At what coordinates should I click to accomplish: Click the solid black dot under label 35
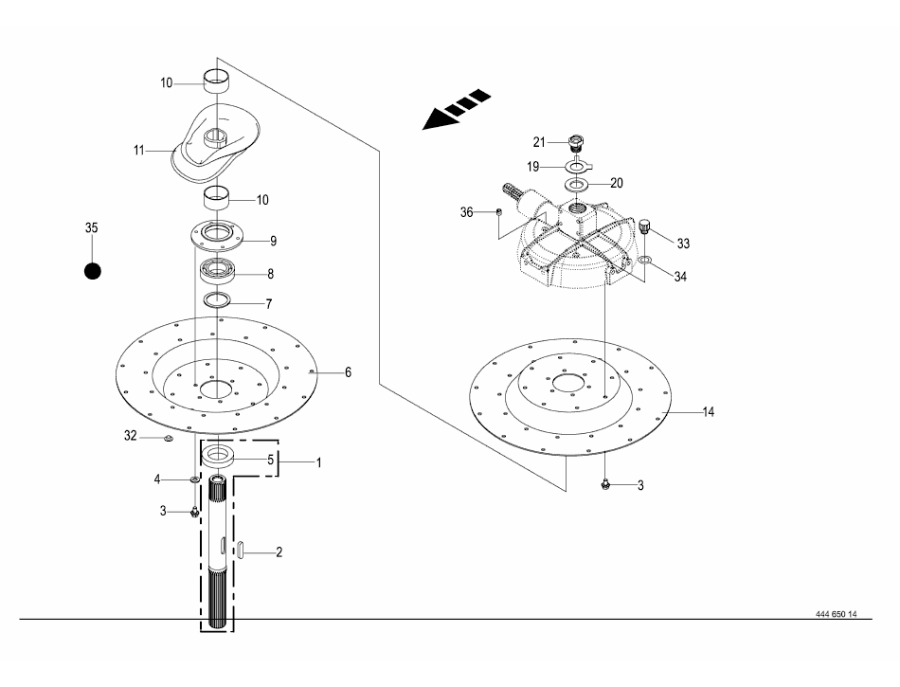pos(93,271)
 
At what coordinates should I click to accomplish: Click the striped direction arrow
pos(457,110)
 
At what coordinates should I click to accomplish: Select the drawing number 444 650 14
pos(837,614)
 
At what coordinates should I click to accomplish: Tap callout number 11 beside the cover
pos(139,151)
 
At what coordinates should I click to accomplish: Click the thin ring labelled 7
pos(218,299)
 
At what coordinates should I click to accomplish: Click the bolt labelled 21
pos(574,142)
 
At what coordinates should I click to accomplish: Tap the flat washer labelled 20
pos(574,185)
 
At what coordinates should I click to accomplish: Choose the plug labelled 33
pos(644,226)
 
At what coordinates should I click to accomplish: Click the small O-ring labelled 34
pos(645,260)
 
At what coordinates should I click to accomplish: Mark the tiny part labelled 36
pos(499,211)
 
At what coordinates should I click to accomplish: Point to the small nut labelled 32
pos(169,439)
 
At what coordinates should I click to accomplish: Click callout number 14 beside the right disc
pos(709,411)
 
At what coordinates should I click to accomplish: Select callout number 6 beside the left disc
pos(348,372)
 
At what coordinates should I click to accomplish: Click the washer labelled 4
pos(195,479)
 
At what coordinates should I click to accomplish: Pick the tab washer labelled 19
pos(578,167)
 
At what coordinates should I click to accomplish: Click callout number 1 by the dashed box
pos(319,462)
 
